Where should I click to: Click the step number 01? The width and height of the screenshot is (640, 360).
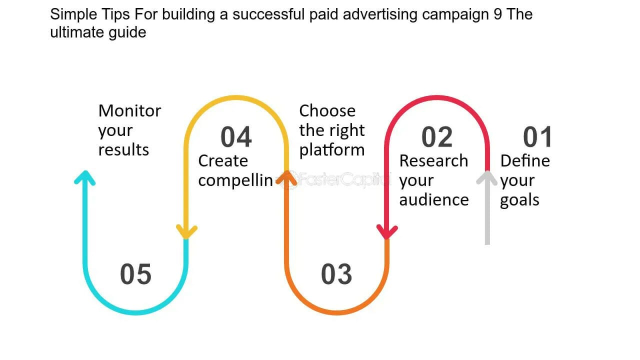[537, 137]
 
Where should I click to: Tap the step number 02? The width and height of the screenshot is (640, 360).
[437, 137]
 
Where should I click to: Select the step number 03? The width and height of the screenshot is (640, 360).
[336, 274]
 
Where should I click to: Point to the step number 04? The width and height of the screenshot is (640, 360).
[236, 137]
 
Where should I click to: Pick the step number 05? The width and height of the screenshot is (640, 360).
[135, 274]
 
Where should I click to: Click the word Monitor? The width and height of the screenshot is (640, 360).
[129, 110]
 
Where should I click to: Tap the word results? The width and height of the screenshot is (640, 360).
[123, 149]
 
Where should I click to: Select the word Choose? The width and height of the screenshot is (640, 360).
[327, 110]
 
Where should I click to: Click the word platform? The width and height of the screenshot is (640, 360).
[331, 150]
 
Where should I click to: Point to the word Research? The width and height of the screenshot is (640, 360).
[433, 160]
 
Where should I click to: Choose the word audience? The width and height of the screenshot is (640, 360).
[434, 199]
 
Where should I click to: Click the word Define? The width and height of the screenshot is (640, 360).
[525, 160]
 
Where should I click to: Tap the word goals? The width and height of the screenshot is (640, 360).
[519, 200]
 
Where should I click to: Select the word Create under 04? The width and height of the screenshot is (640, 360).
[223, 160]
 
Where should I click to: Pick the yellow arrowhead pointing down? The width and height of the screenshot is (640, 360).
[186, 232]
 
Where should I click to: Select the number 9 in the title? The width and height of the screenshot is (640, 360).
[497, 14]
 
